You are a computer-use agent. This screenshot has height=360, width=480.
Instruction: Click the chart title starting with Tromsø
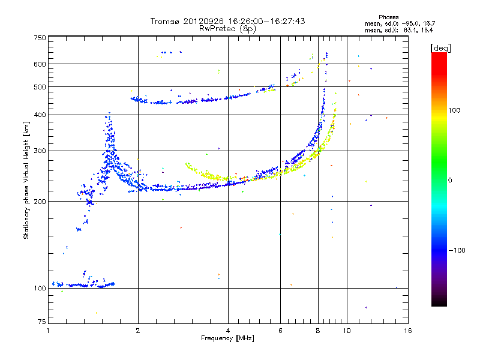point(227,21)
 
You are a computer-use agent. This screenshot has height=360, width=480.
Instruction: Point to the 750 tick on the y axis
point(40,38)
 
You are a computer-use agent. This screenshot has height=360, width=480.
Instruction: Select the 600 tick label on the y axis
point(40,64)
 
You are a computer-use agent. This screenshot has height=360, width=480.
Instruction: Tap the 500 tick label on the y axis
point(40,87)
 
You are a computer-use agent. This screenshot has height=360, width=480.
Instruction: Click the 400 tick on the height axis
point(40,115)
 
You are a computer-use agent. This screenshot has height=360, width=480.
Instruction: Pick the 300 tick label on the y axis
point(40,151)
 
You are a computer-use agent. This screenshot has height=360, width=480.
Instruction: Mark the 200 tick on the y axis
point(40,201)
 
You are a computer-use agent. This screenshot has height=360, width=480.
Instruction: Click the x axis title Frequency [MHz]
point(227,338)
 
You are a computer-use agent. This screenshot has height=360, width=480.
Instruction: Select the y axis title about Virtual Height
point(26,180)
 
